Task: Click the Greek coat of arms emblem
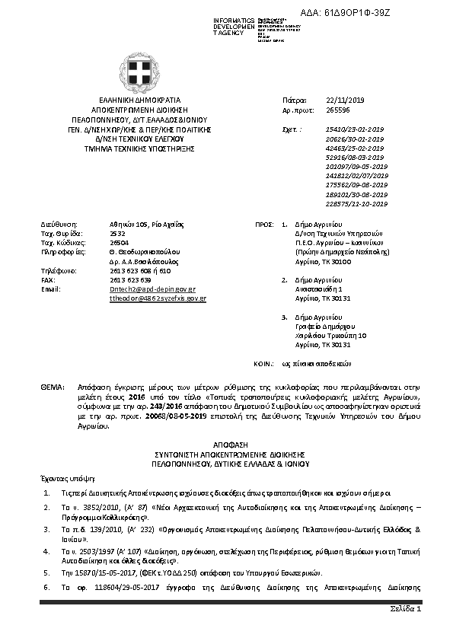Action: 143,72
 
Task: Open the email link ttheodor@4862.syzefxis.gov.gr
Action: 158,299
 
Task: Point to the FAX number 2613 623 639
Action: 130,279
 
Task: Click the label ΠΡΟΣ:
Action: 263,225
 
